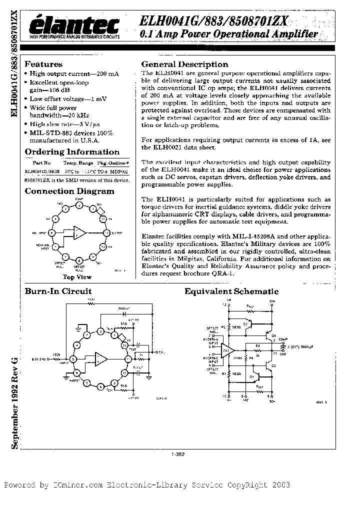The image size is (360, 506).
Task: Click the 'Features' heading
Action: pyautogui.click(x=43, y=64)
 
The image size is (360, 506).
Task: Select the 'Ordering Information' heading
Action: pyautogui.click(x=72, y=152)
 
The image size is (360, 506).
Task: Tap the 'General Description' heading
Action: pyautogui.click(x=184, y=64)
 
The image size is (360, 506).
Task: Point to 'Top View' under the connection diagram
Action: pyautogui.click(x=76, y=276)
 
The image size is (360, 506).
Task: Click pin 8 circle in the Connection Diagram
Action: pyautogui.click(x=78, y=260)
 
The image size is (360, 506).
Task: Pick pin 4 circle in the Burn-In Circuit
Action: pyautogui.click(x=76, y=345)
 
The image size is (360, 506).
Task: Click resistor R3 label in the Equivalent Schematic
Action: pyautogui.click(x=257, y=345)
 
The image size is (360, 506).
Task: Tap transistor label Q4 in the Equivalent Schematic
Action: pyautogui.click(x=274, y=335)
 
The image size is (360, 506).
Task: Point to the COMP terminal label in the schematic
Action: pyautogui.click(x=283, y=339)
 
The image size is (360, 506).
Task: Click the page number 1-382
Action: pyautogui.click(x=178, y=454)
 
